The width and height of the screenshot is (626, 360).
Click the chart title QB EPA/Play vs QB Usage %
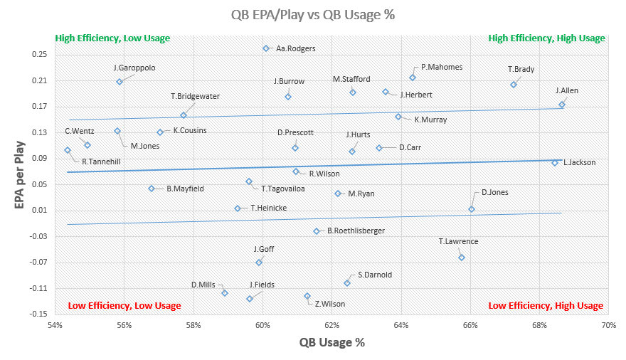coord(312,15)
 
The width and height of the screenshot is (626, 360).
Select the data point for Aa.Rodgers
coord(266,48)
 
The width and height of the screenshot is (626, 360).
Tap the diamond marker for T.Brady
coord(514,85)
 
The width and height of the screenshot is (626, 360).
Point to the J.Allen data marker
coord(562,105)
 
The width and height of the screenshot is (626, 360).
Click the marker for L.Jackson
coord(555,163)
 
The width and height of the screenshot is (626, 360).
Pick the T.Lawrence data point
coord(462,258)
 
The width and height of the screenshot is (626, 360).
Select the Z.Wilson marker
coord(307,296)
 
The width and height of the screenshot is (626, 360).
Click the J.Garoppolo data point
coord(120,82)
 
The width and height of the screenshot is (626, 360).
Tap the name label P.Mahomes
coord(442,67)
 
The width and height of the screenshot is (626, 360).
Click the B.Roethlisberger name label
coord(356,231)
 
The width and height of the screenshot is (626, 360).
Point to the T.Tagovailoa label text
coord(283,189)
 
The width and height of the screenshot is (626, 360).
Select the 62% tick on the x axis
coord(332,325)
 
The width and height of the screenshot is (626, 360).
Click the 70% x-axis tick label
coord(608,325)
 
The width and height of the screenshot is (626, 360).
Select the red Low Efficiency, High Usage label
coord(546,306)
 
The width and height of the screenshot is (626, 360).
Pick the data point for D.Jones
coord(472,209)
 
